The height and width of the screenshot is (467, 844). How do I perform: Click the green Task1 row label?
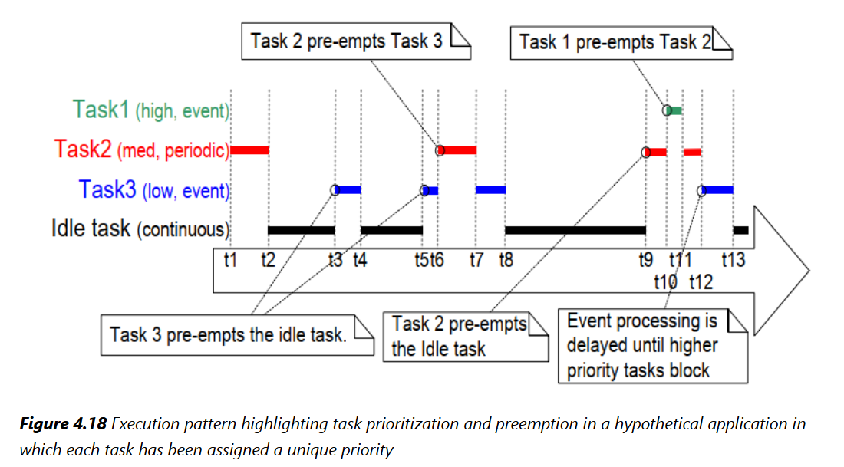152,110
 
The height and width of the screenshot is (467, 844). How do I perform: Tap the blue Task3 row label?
153,189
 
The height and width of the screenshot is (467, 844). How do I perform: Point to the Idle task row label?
140,229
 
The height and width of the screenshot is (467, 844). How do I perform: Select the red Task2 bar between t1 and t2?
249,150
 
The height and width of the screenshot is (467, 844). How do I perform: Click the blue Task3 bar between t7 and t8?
490,189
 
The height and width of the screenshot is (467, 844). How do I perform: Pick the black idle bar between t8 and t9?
575,229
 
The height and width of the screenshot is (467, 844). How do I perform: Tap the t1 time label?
230,261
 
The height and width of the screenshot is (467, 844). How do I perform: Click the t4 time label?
360,261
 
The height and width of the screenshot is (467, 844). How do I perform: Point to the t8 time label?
505,261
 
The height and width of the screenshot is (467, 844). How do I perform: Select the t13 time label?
733,261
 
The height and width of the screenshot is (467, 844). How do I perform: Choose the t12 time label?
701,282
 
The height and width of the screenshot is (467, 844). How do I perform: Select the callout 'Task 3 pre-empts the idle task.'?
228,335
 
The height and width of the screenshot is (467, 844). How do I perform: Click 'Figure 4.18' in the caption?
60,424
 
